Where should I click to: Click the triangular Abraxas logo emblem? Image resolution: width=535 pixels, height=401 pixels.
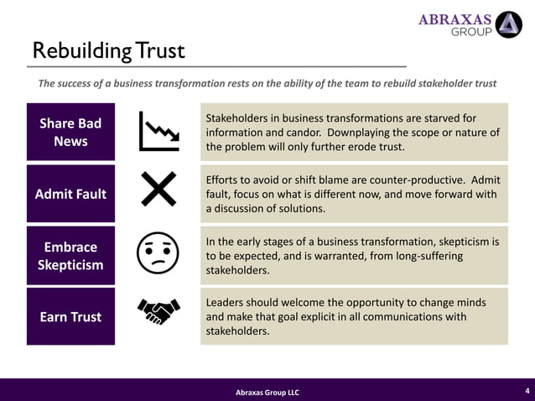(x=509, y=25)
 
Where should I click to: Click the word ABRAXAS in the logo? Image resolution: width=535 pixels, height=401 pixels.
(x=455, y=20)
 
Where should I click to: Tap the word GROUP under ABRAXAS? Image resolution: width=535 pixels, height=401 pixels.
(x=472, y=34)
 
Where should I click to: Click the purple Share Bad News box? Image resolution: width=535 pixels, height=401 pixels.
(x=70, y=132)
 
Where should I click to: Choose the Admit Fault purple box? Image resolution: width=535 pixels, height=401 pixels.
(x=70, y=194)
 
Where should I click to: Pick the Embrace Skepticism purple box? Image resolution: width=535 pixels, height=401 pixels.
(x=70, y=256)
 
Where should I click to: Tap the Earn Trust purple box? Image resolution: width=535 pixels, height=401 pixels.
(x=70, y=316)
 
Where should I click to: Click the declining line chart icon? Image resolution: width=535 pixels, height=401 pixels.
(x=158, y=131)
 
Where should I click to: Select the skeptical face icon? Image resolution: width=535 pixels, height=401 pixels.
(x=158, y=252)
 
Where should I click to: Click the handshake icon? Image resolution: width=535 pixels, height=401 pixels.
(x=158, y=313)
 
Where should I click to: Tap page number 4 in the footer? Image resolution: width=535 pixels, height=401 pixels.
(x=527, y=390)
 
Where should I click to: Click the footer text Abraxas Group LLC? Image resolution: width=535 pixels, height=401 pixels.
(x=267, y=393)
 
